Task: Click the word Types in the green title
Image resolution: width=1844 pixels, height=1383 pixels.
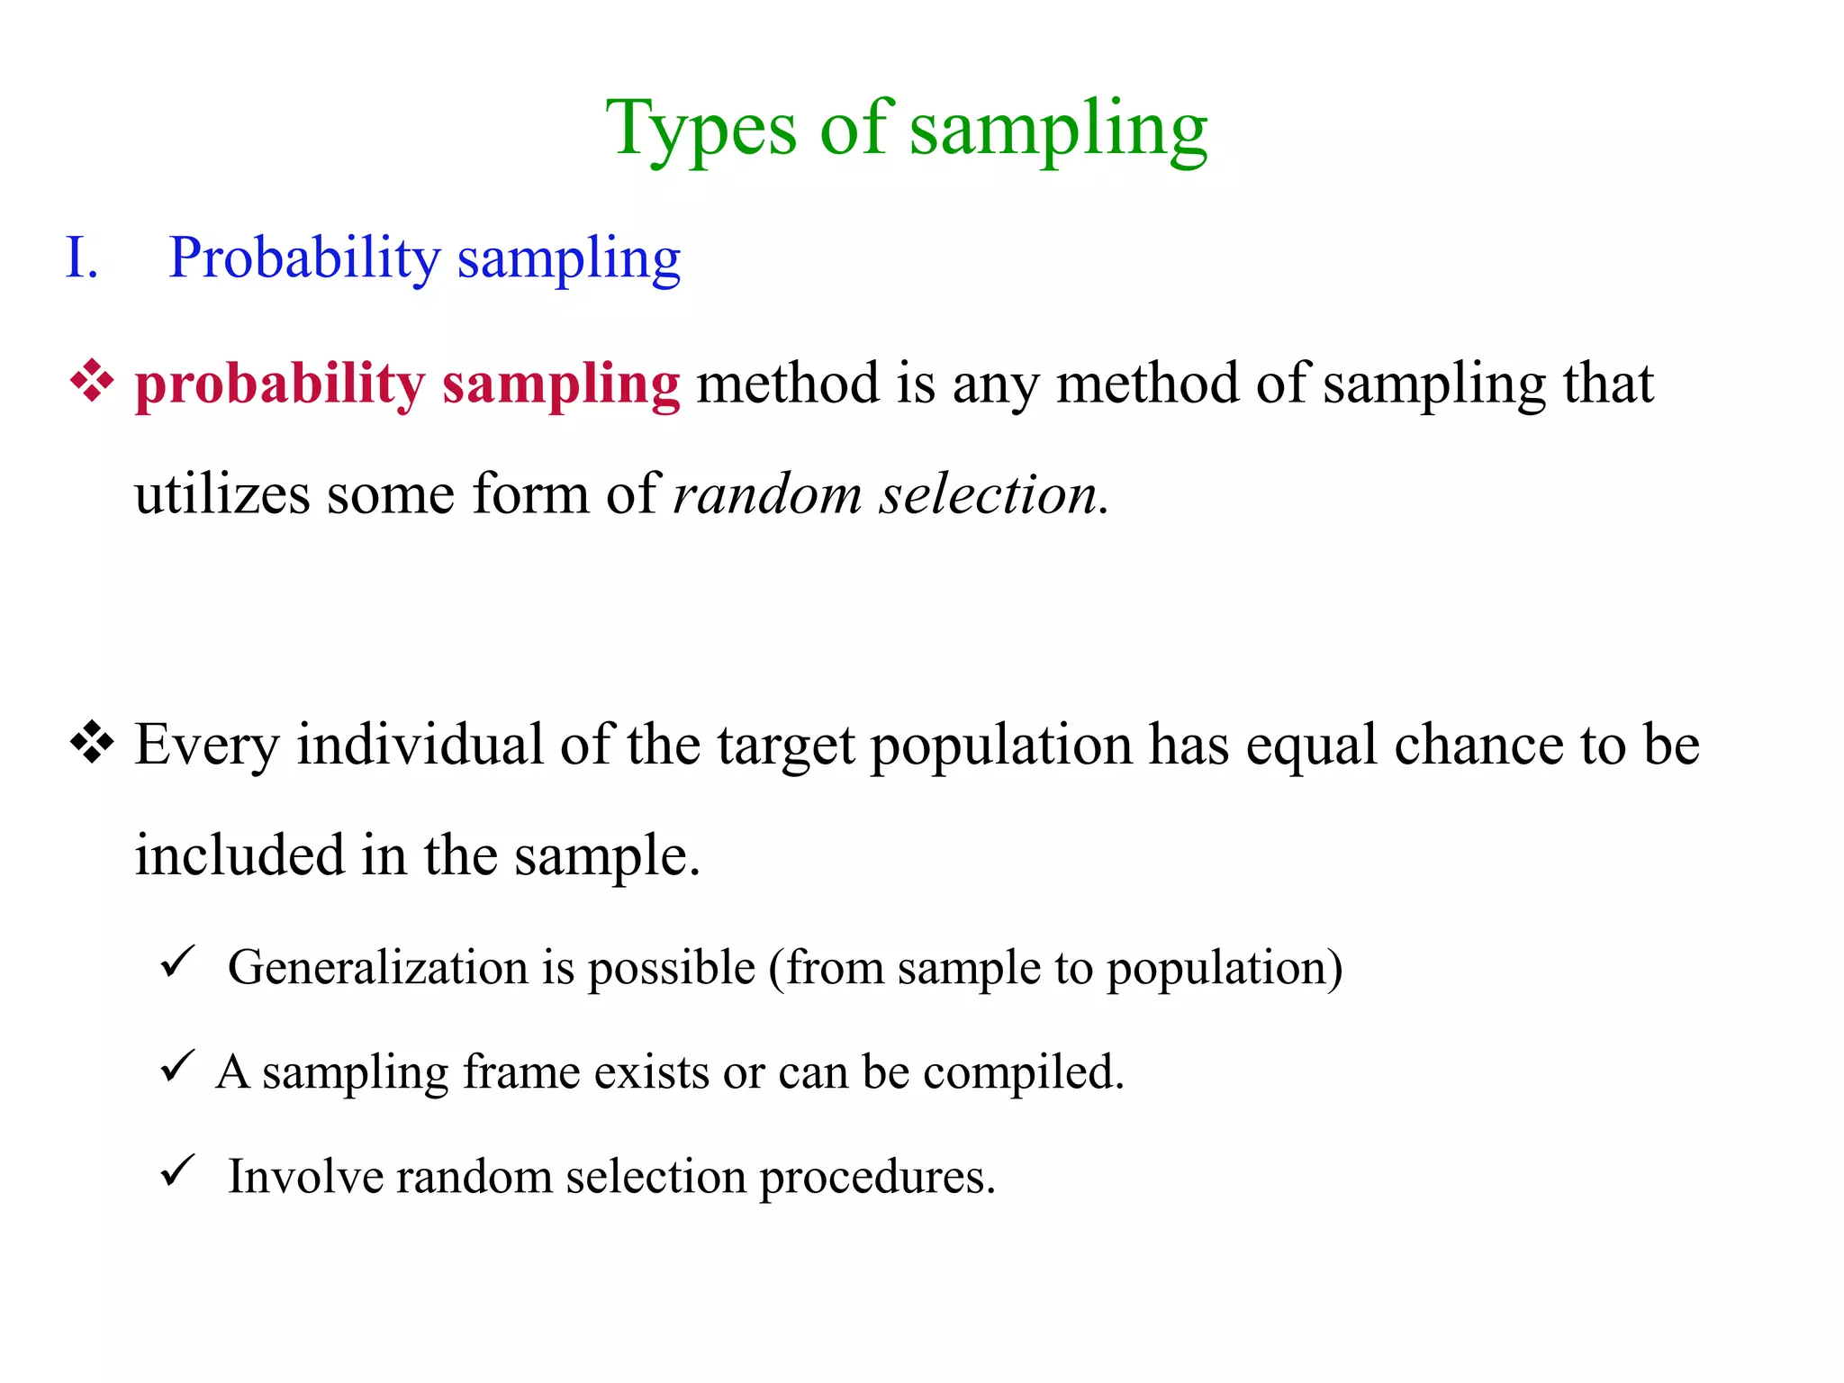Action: click(701, 129)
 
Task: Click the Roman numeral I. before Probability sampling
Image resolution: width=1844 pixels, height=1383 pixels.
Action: click(81, 258)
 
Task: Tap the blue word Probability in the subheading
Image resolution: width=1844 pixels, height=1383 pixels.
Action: click(303, 258)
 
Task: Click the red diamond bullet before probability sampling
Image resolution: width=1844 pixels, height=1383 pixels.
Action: click(92, 381)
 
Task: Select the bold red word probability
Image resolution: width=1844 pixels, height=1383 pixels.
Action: click(279, 384)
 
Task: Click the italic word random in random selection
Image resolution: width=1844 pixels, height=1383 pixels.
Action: click(767, 494)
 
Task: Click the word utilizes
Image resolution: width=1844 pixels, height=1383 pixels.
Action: click(221, 494)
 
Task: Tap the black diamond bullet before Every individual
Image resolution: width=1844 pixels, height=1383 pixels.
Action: click(92, 743)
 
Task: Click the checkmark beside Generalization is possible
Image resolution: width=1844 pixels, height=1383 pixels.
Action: click(177, 963)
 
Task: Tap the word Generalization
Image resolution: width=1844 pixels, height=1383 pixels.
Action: click(377, 968)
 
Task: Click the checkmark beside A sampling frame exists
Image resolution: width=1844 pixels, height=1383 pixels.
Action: click(177, 1067)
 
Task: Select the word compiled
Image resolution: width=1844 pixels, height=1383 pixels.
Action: click(1023, 1072)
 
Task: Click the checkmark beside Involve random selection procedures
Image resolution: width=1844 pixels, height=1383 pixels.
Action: click(177, 1171)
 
